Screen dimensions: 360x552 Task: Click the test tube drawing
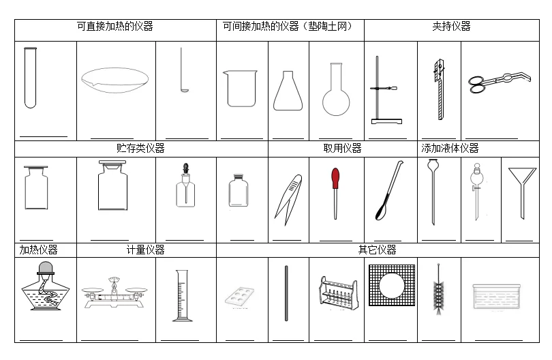point(30,78)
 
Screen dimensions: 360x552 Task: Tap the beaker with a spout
point(241,89)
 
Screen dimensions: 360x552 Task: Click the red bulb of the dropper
point(335,179)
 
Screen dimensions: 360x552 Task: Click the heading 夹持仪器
point(451,27)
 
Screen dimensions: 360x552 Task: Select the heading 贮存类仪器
point(140,148)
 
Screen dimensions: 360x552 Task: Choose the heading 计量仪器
point(146,250)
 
